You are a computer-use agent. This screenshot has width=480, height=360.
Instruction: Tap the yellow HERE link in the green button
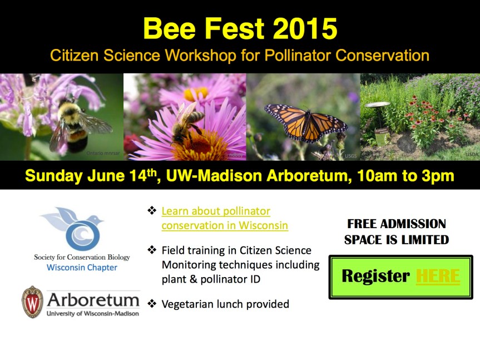438,276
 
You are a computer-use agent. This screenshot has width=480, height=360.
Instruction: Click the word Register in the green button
375,276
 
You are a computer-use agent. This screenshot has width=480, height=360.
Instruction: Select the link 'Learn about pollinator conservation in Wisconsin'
224,218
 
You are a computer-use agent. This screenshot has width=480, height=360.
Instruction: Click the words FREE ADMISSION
396,224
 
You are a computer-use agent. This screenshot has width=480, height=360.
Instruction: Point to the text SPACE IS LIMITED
396,240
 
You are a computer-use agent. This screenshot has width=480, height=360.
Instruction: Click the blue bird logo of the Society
81,228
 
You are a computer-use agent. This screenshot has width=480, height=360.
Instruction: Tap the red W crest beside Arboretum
32,302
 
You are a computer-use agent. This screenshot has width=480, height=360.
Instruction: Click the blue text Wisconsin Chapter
82,268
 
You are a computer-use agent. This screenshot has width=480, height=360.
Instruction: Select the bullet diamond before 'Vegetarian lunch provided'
152,304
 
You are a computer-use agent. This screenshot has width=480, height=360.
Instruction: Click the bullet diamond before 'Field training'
152,250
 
